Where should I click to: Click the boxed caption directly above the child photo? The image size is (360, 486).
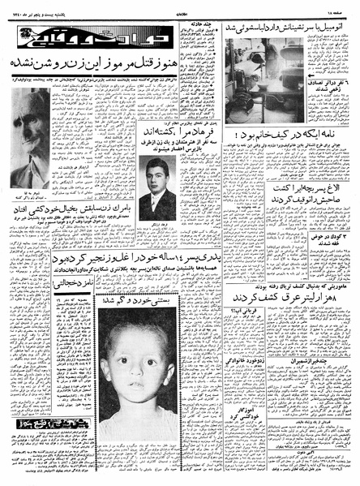[130, 302]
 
